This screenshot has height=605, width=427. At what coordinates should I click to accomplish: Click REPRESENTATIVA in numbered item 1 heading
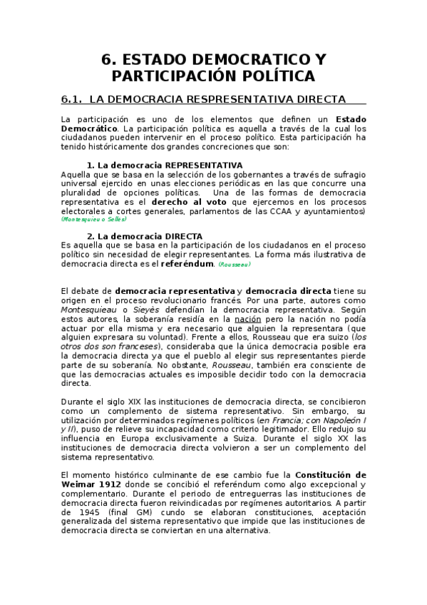(x=202, y=166)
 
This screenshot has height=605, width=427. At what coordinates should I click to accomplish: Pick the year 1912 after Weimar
(x=106, y=484)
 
